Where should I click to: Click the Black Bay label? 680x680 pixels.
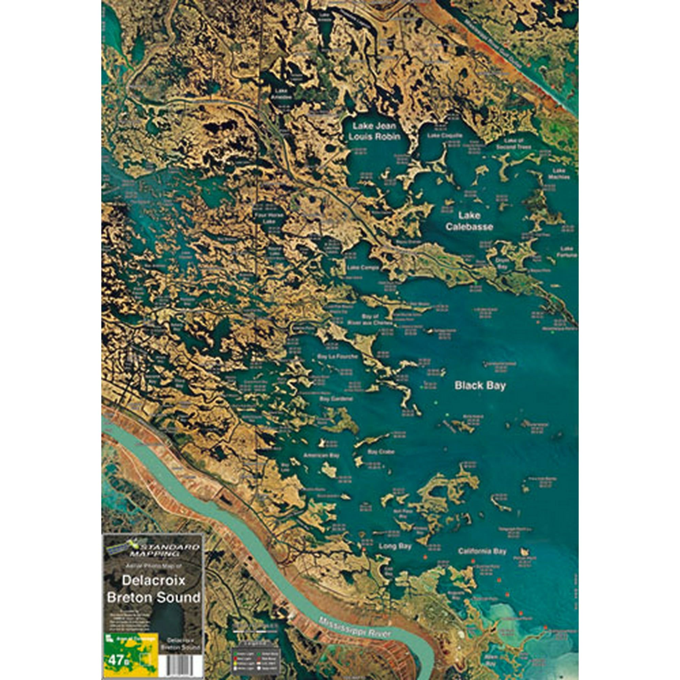(480, 386)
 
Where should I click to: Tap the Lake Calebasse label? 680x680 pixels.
(469, 221)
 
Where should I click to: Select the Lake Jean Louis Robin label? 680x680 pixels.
(374, 131)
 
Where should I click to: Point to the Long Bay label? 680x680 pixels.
(395, 546)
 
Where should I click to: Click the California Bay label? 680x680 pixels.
(482, 551)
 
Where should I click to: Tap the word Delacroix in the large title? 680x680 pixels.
(153, 580)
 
